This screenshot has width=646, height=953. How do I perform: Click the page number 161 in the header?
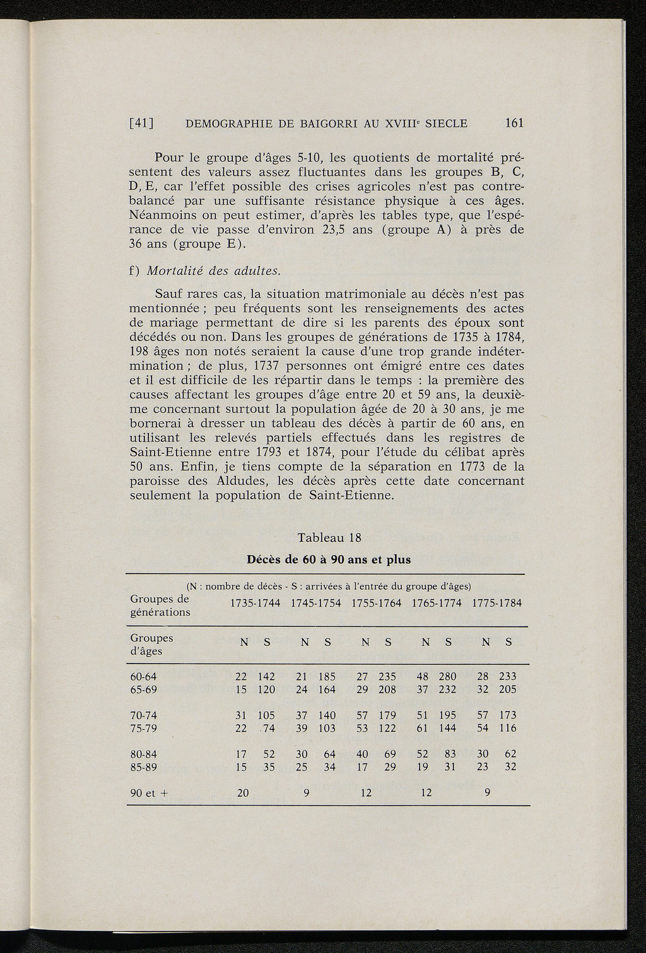(514, 123)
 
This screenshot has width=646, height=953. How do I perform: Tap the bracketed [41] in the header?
(142, 124)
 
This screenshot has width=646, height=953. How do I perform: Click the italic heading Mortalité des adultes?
(213, 271)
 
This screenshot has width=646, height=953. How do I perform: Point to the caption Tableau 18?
(329, 538)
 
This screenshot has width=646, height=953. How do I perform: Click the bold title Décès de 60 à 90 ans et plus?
(329, 559)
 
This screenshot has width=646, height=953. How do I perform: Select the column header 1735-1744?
(255, 603)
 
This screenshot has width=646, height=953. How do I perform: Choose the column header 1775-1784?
(497, 603)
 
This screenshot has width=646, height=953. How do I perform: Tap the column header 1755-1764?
(376, 603)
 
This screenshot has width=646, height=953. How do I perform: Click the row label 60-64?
(143, 677)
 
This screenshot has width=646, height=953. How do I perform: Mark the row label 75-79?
(143, 728)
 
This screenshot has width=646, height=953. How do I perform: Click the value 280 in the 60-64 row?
(447, 677)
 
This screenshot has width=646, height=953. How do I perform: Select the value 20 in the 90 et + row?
(242, 793)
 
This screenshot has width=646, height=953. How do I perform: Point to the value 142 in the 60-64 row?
(266, 677)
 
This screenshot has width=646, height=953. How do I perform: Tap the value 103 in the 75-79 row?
(326, 728)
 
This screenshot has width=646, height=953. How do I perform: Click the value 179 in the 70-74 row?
(387, 715)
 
